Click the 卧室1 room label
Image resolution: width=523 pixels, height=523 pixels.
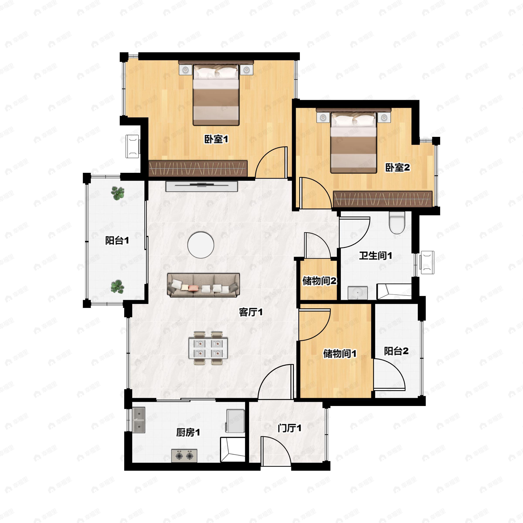point(216,139)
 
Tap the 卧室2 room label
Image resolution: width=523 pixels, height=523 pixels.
point(397,168)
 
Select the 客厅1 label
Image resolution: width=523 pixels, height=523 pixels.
point(251,312)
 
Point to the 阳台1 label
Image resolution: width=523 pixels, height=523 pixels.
point(117,240)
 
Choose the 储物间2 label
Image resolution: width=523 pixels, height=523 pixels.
point(319,281)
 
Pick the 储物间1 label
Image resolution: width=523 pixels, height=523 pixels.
point(340,353)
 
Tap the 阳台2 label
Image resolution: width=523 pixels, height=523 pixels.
point(396,351)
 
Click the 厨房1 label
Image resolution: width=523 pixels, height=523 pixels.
point(188,433)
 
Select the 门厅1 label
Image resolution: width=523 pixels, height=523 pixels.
point(289,428)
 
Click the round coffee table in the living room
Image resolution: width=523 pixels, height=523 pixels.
point(201,245)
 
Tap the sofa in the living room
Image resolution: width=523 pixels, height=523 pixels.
point(204,285)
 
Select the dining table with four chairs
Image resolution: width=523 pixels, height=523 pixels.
point(208,348)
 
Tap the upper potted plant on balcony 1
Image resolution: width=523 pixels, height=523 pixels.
point(118,193)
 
